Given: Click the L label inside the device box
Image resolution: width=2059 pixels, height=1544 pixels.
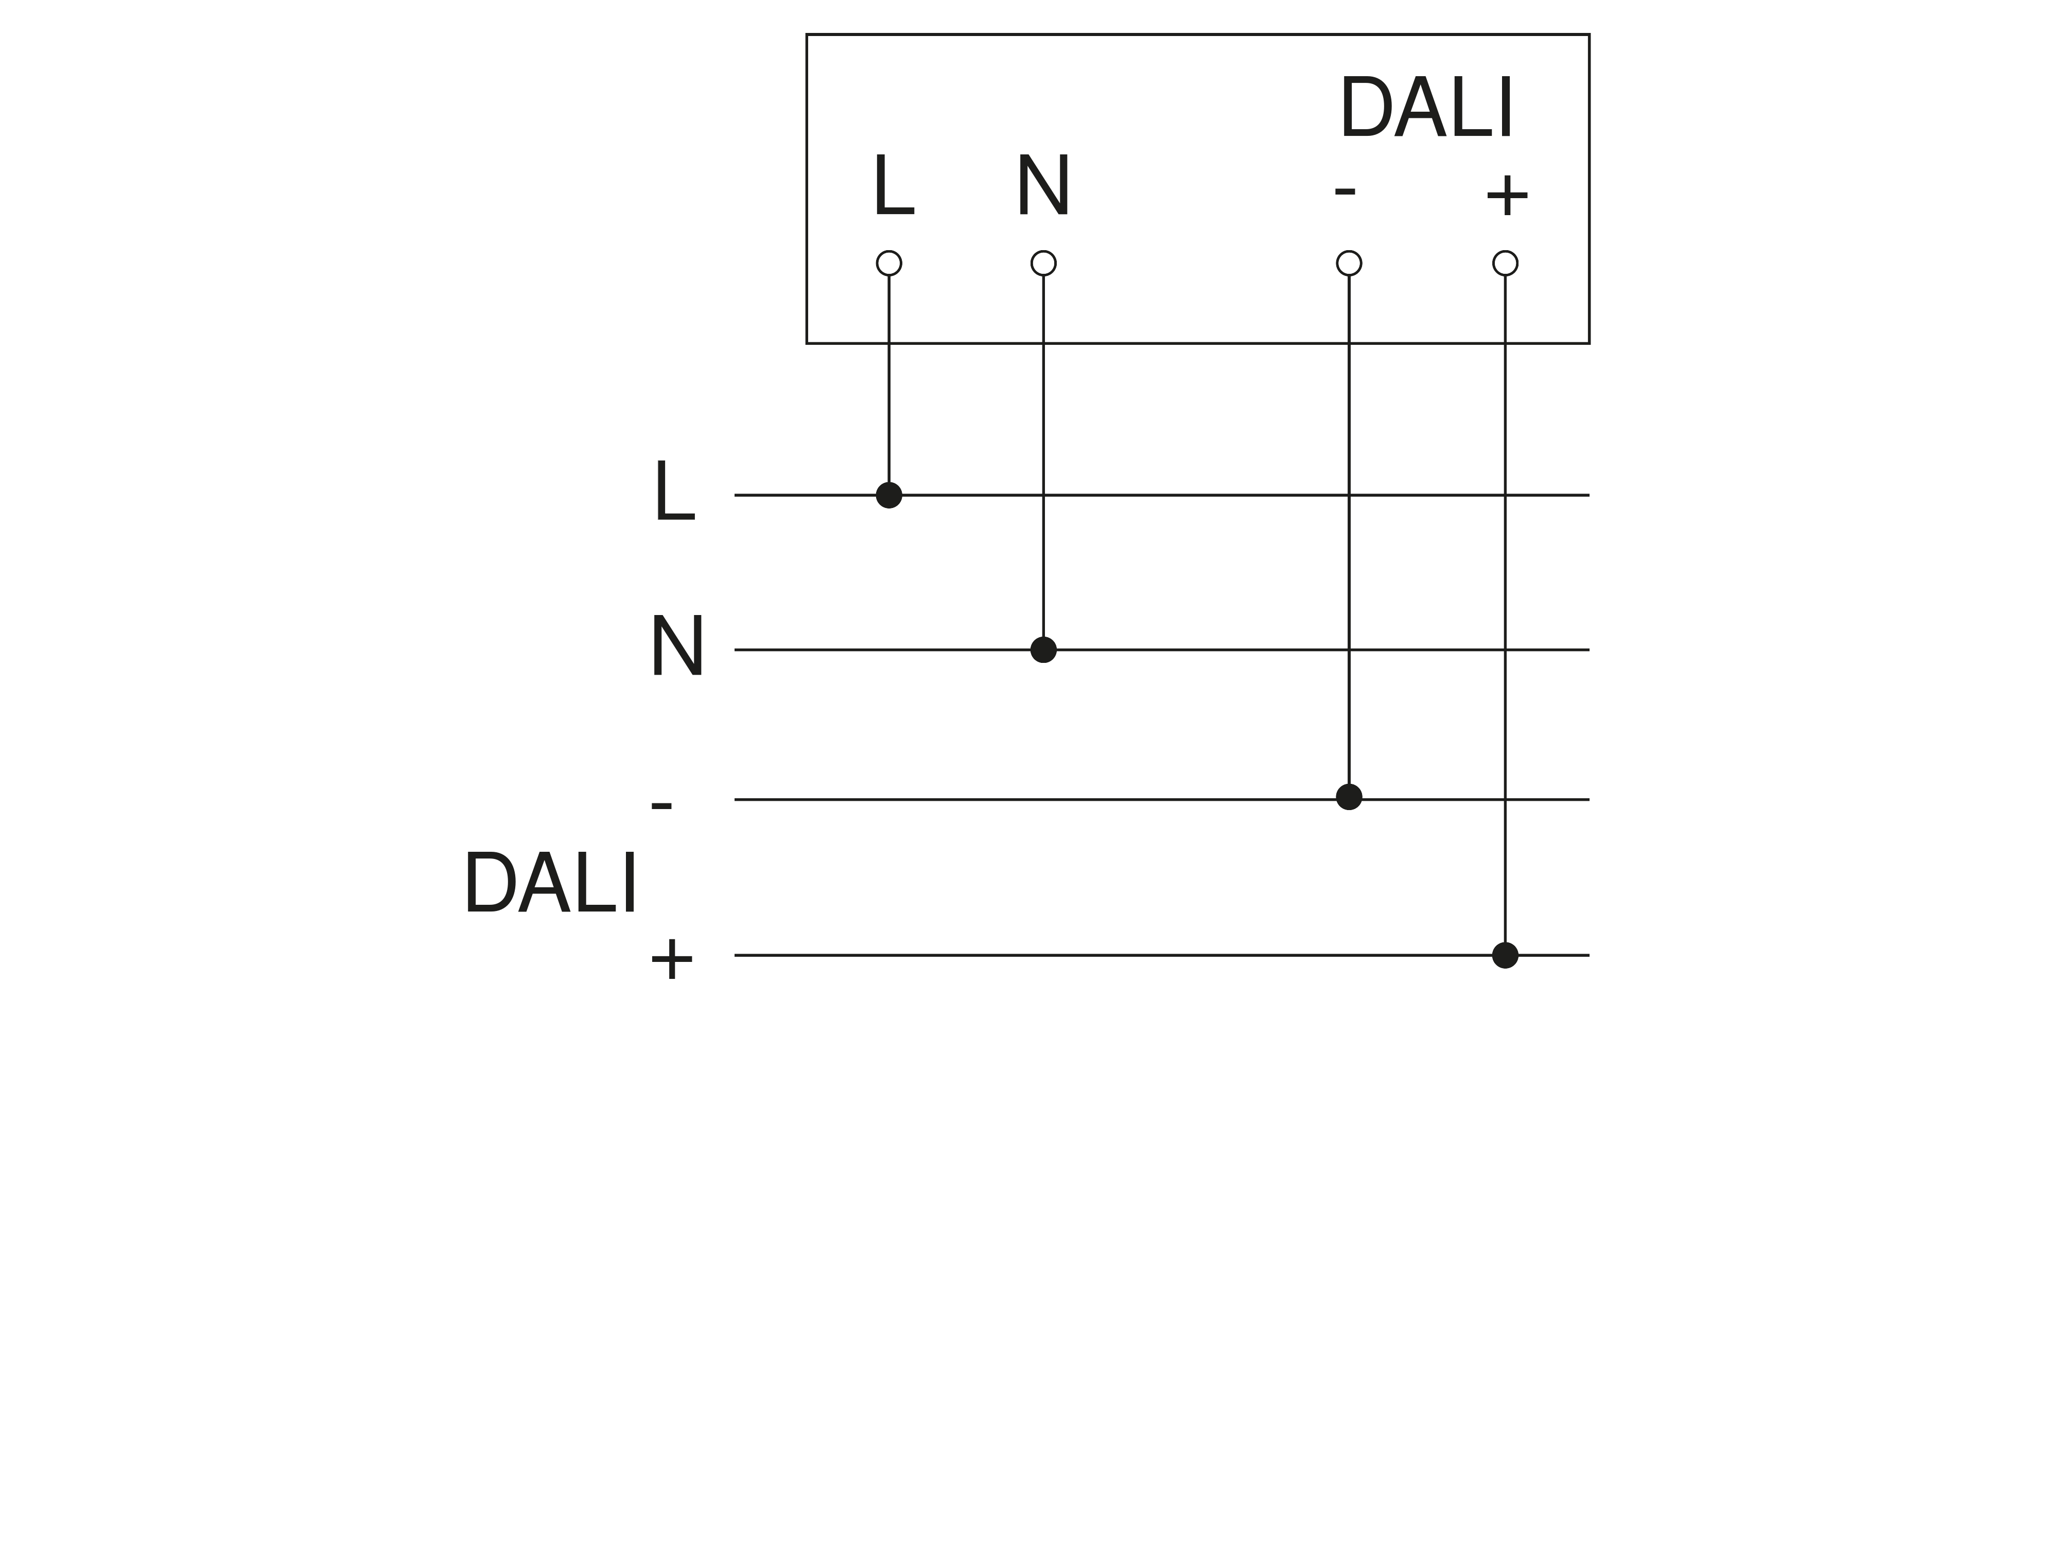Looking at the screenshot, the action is tap(894, 186).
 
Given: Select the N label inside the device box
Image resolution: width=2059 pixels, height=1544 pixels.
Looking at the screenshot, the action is tap(1043, 186).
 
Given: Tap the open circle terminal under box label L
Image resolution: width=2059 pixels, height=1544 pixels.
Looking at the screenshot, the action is tap(889, 264).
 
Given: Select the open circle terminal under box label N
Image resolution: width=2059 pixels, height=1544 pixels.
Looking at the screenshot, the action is tap(1043, 264).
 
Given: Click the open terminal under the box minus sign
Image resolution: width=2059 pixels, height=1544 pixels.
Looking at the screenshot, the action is tap(1349, 264).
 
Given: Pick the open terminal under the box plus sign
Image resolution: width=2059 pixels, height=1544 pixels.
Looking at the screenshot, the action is tap(1505, 264).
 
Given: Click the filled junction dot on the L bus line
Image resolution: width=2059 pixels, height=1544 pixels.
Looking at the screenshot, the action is tap(889, 495).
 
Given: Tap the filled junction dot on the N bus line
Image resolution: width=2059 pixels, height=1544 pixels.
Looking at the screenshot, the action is tap(1043, 650).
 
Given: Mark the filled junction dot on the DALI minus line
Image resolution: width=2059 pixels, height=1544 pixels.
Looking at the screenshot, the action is tap(1349, 797).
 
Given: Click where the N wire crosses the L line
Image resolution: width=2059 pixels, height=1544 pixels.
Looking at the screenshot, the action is tap(1043, 495).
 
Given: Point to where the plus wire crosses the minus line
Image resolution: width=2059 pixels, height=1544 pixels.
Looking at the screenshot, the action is tap(1505, 799).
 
